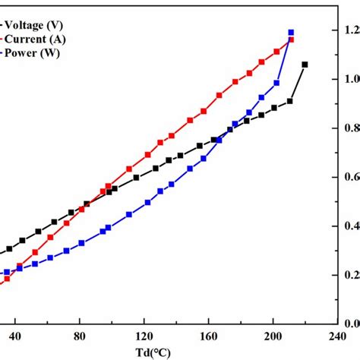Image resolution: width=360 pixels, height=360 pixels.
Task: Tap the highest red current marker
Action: pos(292,39)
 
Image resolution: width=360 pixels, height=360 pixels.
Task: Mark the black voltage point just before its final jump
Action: pos(290,101)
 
